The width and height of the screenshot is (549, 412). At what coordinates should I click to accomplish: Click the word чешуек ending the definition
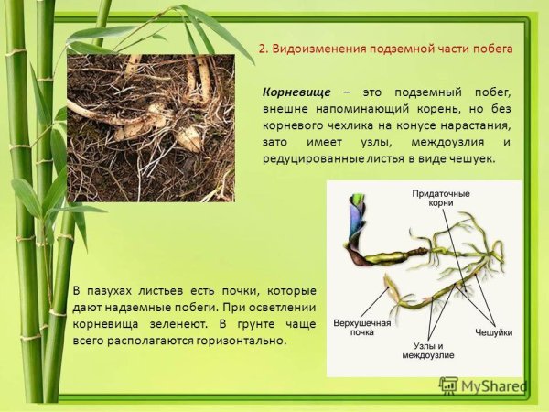pyautogui.click(x=472, y=158)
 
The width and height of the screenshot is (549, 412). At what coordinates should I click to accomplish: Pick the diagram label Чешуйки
pyautogui.click(x=492, y=330)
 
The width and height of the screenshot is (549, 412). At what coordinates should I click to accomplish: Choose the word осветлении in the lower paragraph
pyautogui.click(x=280, y=308)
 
